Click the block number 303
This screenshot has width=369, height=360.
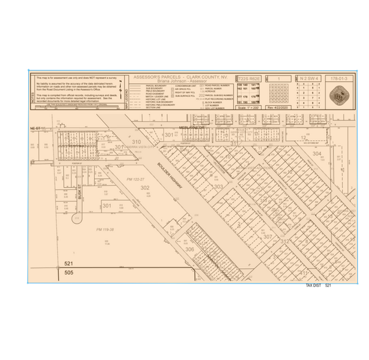coord(218,186)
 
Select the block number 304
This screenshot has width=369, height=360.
coord(316,154)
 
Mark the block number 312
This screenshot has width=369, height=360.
coord(284,242)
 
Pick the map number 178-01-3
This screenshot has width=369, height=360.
coord(338,79)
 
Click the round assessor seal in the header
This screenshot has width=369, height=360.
coord(339,96)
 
